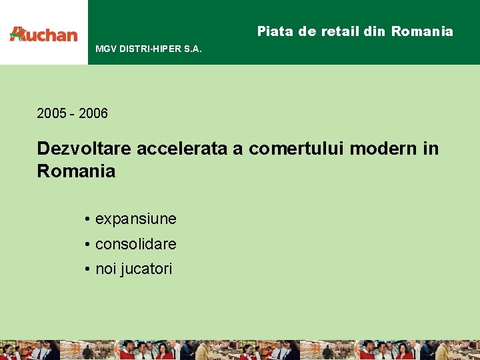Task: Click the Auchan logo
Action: click(x=43, y=34)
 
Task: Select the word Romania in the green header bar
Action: click(x=422, y=31)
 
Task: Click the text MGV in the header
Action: click(x=105, y=49)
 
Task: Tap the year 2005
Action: click(x=51, y=113)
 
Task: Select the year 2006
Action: click(x=93, y=113)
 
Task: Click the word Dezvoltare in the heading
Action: click(x=85, y=148)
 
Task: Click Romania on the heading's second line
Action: click(x=76, y=171)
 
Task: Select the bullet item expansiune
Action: click(x=136, y=219)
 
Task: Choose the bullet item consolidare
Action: click(x=136, y=244)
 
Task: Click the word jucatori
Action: click(x=146, y=269)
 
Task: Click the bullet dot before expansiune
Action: click(x=87, y=219)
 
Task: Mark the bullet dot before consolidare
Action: click(x=87, y=245)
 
